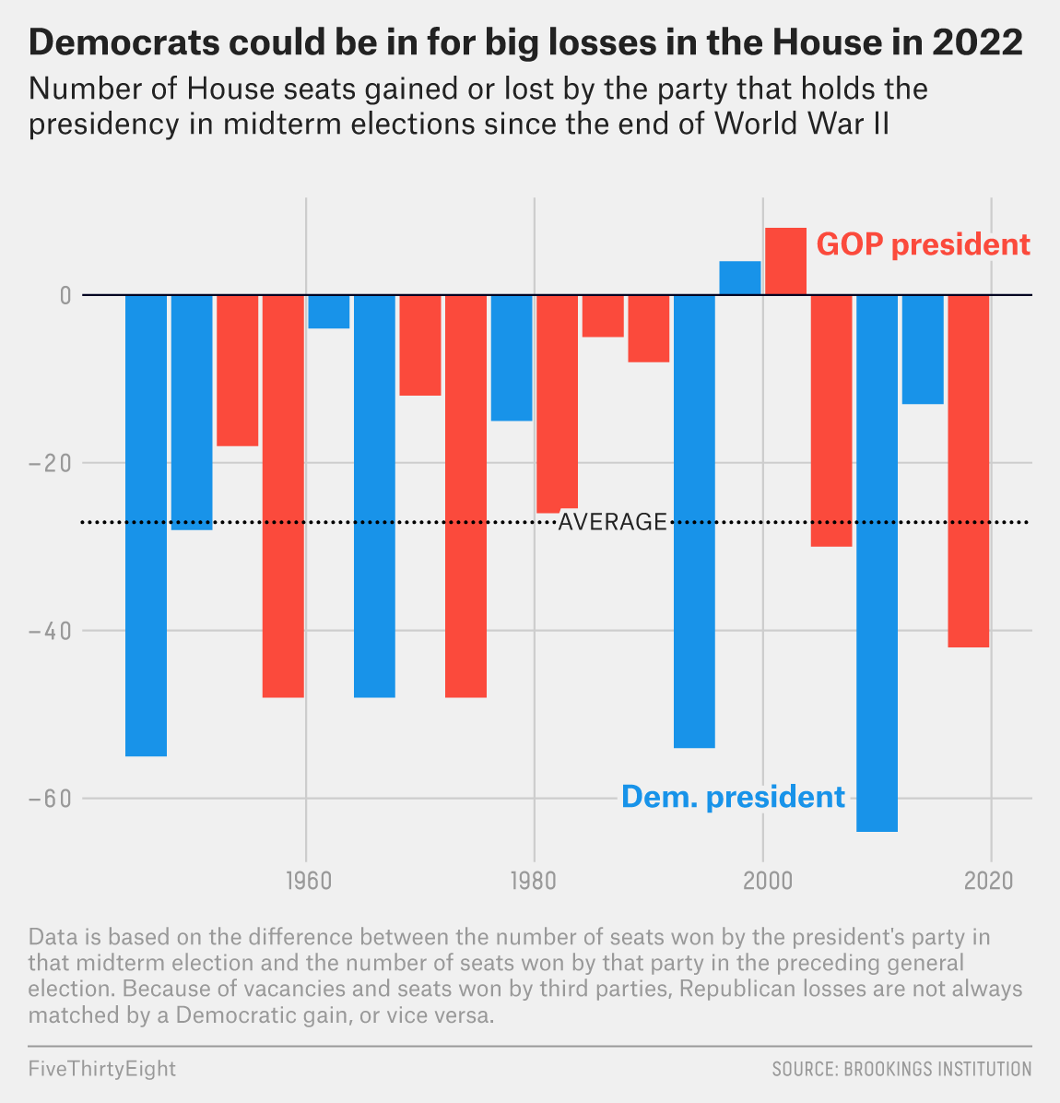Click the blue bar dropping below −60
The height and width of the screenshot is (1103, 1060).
coord(877,563)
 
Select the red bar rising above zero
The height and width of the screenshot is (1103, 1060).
coord(785,261)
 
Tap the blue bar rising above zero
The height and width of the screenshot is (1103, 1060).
coord(740,278)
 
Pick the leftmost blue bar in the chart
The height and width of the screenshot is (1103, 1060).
coord(146,525)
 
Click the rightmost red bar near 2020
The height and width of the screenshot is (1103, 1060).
coord(968,470)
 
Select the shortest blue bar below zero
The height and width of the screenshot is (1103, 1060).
coord(329,312)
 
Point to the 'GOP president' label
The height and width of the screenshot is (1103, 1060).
coord(923,244)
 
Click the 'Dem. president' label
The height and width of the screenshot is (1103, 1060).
coord(733,796)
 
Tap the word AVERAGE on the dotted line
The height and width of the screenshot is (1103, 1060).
coord(612,522)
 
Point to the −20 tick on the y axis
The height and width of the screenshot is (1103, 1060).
coord(50,463)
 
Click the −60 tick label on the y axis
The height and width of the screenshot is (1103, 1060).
coord(50,799)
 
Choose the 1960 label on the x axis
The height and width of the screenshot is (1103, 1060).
coord(305,880)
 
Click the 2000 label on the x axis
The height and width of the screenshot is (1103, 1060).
coord(762,880)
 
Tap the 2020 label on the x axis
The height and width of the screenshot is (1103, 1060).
coord(990,880)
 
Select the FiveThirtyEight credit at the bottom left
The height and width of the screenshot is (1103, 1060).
coord(101,1069)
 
